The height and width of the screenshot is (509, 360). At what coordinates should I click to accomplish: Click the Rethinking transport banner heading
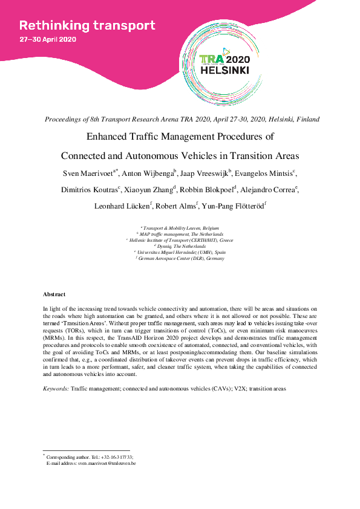coord(87,26)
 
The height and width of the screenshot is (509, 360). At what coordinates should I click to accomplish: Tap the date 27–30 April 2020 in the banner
coord(48,40)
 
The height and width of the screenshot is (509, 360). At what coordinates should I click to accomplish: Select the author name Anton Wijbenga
coord(148,173)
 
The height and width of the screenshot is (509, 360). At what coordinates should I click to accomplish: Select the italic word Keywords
coord(56,388)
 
